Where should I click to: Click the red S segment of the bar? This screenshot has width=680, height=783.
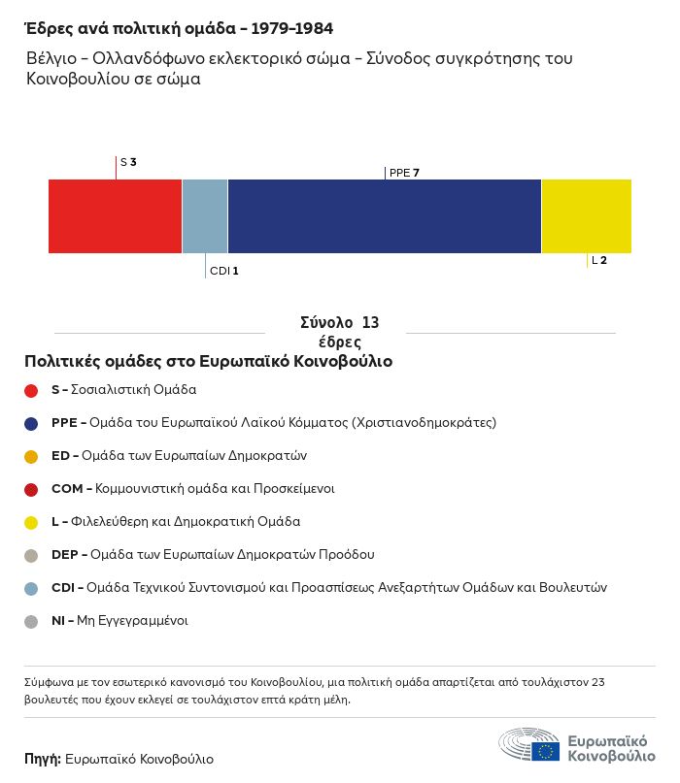tap(115, 216)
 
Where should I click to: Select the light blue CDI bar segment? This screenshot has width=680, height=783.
tap(205, 216)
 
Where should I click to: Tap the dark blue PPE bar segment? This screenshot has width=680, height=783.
tap(385, 216)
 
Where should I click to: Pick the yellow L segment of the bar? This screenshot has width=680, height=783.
tap(587, 216)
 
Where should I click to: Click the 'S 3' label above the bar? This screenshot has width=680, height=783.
tap(128, 162)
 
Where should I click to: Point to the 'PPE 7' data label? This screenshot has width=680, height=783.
tap(404, 173)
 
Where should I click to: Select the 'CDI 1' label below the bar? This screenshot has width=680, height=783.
tap(224, 271)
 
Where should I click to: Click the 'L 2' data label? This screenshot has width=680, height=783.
tap(599, 260)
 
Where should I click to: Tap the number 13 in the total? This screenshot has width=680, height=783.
tap(370, 322)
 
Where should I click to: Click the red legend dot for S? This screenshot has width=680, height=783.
tap(31, 390)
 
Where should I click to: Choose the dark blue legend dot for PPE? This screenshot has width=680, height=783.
tap(31, 423)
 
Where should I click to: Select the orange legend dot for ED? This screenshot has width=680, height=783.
tap(31, 456)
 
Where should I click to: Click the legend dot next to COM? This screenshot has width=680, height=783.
tap(31, 489)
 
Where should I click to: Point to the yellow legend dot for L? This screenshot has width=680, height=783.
tap(31, 522)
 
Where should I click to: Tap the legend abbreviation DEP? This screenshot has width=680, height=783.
tap(64, 555)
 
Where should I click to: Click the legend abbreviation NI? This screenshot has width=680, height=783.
tap(58, 621)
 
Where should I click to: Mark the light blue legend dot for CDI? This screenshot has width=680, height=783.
tap(31, 588)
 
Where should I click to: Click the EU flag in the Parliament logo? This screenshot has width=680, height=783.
tap(546, 752)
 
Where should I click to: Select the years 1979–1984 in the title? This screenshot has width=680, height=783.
tap(292, 28)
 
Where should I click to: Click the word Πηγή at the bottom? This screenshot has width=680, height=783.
tap(43, 759)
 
